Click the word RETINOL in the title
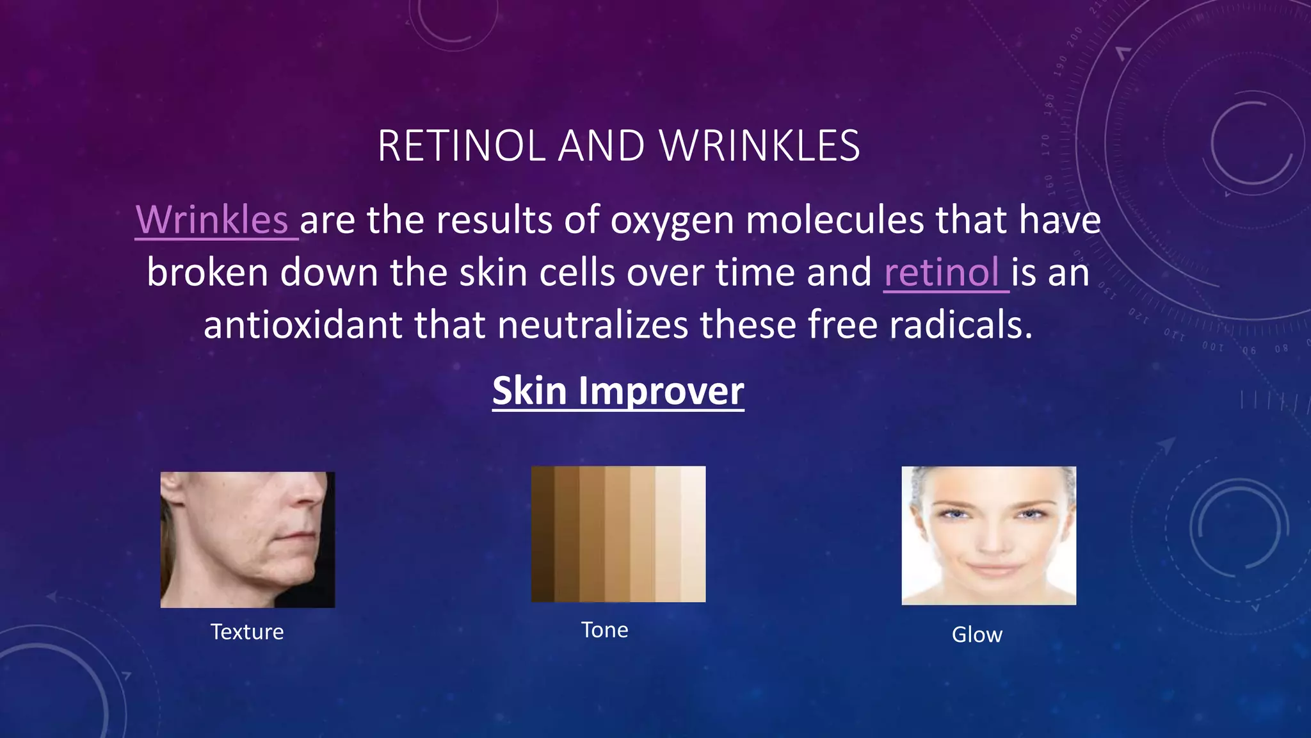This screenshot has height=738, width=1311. (461, 146)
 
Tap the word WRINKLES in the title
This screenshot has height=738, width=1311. (760, 146)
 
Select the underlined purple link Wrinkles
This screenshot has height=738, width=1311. (212, 220)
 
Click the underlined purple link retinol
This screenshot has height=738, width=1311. (942, 273)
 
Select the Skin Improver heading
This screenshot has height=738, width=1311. (618, 391)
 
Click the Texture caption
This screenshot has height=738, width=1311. (247, 632)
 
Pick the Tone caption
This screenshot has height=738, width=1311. (604, 630)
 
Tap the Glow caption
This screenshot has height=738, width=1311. (977, 635)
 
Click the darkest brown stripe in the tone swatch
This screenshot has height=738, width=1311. (543, 534)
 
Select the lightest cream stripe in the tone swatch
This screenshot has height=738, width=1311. (693, 534)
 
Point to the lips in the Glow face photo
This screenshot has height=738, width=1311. (990, 568)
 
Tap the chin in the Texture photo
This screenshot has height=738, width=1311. (291, 580)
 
